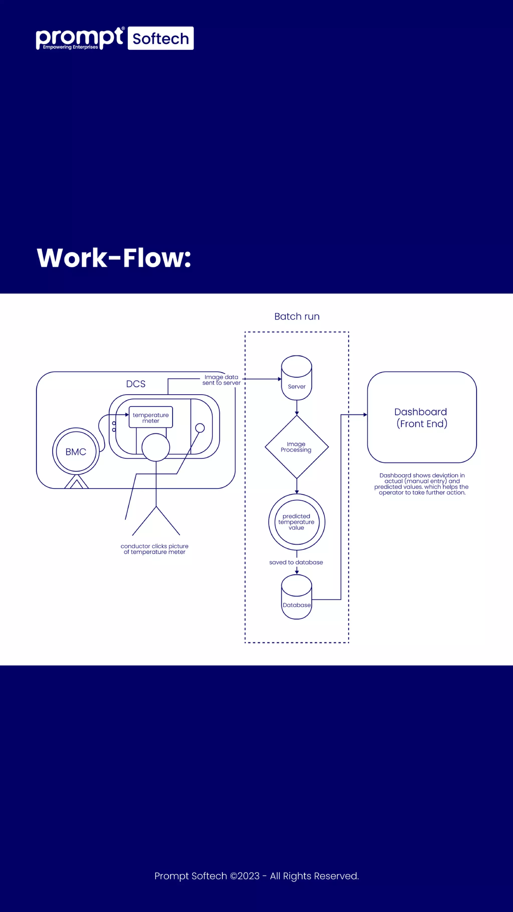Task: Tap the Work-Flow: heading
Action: tap(114, 257)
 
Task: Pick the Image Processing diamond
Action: tap(297, 447)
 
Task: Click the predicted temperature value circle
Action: tap(297, 522)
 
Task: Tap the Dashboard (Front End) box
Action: tap(422, 417)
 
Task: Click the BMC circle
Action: tap(76, 451)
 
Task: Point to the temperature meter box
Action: tap(151, 417)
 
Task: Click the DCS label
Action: tap(136, 384)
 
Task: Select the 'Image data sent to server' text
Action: tap(221, 380)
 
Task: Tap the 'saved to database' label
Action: tap(296, 562)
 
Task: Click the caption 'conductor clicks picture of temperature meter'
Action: tap(154, 549)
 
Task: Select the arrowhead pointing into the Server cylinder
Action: tap(280, 379)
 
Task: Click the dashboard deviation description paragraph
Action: tap(421, 484)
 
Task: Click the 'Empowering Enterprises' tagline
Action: tap(70, 47)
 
